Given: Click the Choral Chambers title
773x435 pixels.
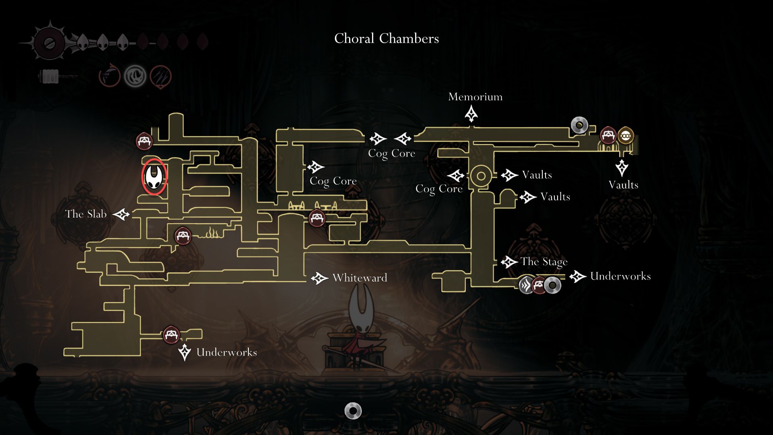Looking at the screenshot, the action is (386, 39).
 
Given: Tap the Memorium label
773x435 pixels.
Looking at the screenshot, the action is (475, 97).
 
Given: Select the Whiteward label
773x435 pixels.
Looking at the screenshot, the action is (360, 278).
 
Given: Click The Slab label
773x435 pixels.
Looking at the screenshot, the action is (86, 214).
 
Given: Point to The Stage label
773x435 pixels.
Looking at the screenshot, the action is (544, 262).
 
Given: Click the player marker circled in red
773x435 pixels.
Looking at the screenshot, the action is (154, 176).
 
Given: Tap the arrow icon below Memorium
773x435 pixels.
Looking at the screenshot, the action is (471, 114).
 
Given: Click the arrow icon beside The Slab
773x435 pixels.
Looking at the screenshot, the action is (121, 214).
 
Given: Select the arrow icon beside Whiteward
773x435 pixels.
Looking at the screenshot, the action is (320, 278).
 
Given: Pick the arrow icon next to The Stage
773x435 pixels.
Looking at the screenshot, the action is (509, 262).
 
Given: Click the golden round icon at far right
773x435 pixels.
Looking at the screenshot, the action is (625, 136).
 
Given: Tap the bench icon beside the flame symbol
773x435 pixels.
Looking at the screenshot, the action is (183, 235).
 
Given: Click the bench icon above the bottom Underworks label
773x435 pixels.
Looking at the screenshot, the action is (171, 335).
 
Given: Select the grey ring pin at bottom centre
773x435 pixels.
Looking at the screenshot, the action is (353, 411).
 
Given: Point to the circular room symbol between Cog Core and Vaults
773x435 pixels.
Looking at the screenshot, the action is (481, 176).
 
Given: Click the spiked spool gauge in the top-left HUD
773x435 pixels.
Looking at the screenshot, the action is (50, 43).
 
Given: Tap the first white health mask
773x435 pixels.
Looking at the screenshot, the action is (83, 41).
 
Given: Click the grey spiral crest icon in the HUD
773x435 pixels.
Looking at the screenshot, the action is (135, 76).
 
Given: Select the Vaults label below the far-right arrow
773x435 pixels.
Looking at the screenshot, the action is (623, 185).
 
